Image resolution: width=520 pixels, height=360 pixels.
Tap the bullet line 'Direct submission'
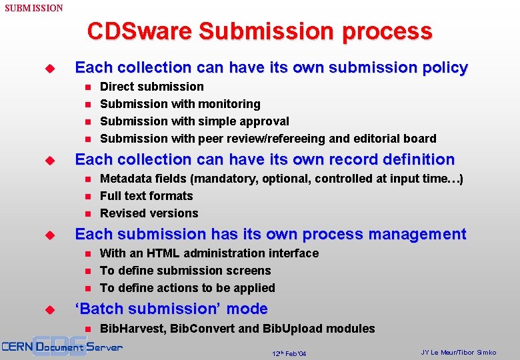152,87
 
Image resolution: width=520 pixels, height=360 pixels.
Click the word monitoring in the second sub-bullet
228,104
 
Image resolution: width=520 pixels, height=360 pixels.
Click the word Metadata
126,179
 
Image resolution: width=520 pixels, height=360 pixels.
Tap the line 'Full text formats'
146,196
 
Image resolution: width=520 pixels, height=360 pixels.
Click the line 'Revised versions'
149,213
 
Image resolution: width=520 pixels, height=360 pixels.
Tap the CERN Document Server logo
61,347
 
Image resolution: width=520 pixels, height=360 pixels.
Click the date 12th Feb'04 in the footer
289,353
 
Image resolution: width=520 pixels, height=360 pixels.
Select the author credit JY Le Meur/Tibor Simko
459,352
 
